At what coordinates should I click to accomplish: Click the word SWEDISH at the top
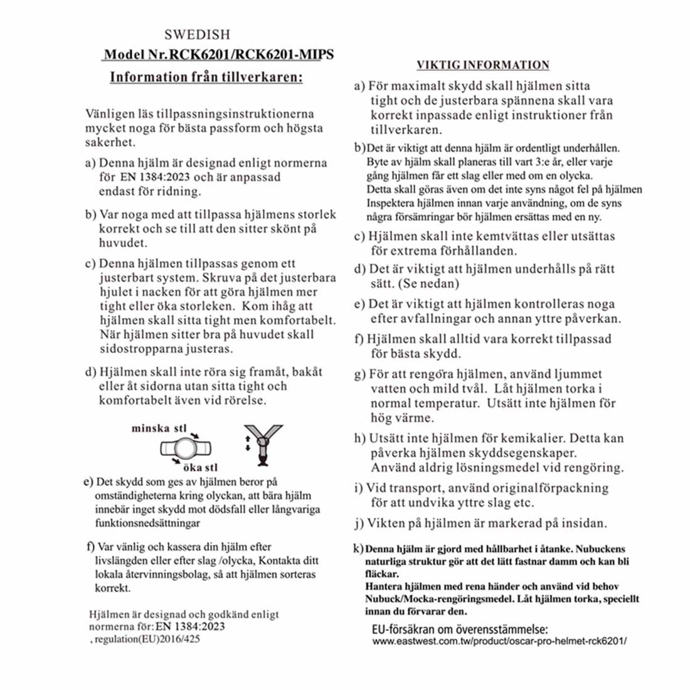point(197,34)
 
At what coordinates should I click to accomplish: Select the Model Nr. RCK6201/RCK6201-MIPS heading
point(218,55)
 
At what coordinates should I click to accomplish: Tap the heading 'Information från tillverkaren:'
point(206,77)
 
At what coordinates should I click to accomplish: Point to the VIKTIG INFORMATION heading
point(483,65)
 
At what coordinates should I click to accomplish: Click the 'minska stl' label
point(159,428)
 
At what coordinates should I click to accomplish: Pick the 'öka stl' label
point(200,468)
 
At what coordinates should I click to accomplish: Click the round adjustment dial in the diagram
point(186,449)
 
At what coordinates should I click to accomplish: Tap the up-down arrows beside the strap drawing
point(247,443)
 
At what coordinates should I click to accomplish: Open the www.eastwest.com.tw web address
point(499,641)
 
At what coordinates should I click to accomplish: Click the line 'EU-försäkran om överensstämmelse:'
point(456,629)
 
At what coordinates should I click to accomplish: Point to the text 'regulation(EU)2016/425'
point(147,639)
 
